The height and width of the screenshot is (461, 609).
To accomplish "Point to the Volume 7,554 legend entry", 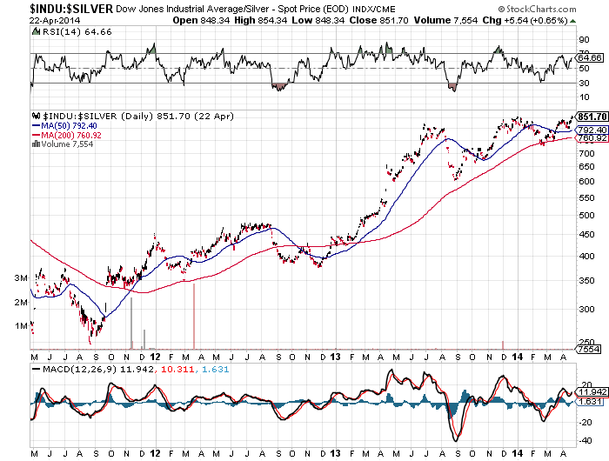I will click(63, 145).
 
